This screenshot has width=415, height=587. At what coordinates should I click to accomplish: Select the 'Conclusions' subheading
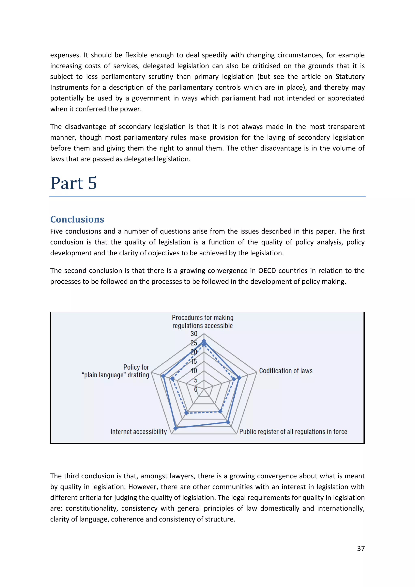click(x=77, y=219)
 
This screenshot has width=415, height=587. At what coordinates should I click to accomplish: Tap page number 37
click(x=360, y=548)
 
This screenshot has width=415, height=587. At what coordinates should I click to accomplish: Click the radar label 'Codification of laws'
click(x=286, y=371)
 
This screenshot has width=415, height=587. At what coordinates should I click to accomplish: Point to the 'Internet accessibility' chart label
click(x=139, y=432)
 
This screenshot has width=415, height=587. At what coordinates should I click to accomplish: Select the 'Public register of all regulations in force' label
click(x=293, y=432)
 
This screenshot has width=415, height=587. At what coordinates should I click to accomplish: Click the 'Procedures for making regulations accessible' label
click(x=203, y=322)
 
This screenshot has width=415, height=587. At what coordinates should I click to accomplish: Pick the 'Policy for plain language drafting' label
click(x=116, y=371)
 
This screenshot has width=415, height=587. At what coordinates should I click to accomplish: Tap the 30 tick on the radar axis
click(x=194, y=334)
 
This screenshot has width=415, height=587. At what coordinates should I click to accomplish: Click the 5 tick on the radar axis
click(x=196, y=380)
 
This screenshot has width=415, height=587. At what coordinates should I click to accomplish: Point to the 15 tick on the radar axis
click(x=194, y=362)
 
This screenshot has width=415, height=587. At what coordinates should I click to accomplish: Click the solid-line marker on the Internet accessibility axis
click(x=175, y=428)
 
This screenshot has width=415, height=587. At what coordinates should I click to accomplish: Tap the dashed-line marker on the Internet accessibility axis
click(x=187, y=413)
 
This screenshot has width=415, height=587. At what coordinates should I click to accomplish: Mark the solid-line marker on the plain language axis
click(x=163, y=376)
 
